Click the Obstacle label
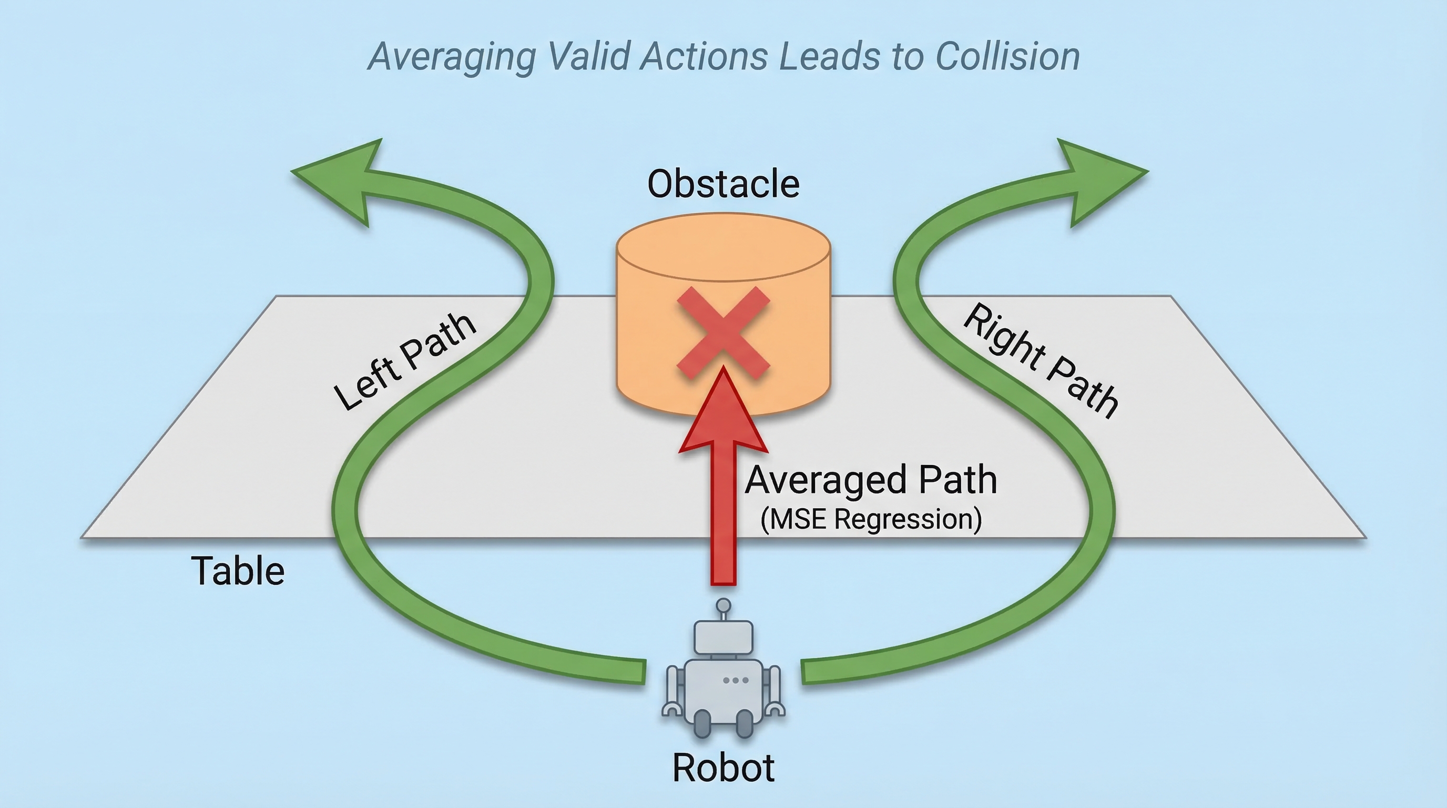coord(723,184)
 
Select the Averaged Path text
coord(871,480)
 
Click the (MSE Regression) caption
coord(871,519)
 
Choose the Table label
coord(238,571)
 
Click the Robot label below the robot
coord(723,767)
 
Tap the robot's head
coord(723,637)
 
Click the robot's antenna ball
coord(724,605)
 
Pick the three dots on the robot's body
coord(736,681)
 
